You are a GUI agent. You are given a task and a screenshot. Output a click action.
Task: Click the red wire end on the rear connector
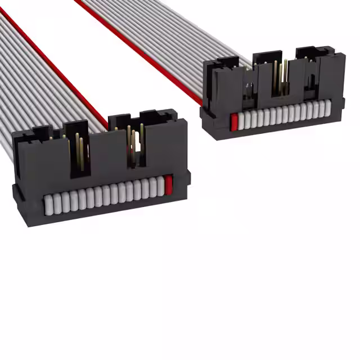point(233,121)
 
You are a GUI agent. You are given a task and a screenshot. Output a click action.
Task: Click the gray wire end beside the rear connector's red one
point(240,120)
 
